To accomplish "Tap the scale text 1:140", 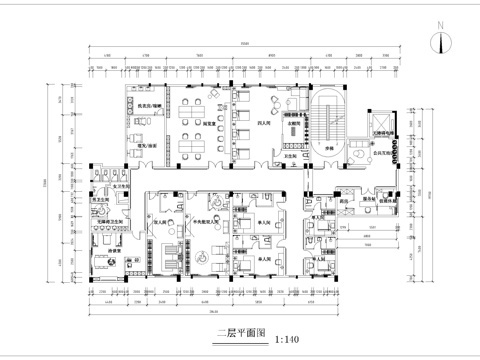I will (x=286, y=338).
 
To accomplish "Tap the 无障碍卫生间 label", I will (x=109, y=221).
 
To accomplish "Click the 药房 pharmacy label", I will (x=345, y=201).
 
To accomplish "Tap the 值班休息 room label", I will (x=387, y=201).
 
